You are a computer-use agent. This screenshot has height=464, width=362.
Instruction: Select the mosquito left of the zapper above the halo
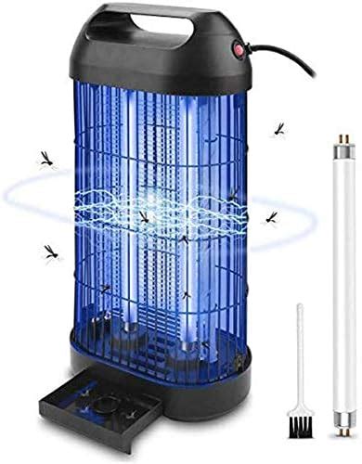[x=45, y=159]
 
